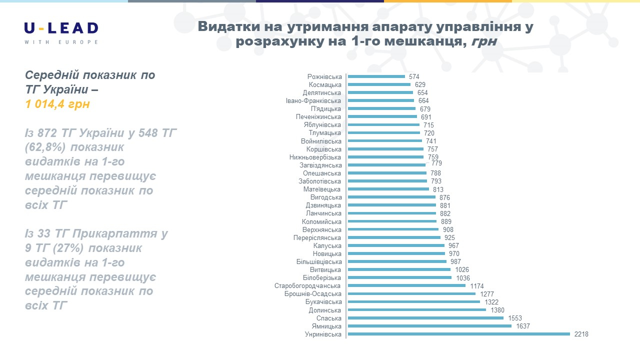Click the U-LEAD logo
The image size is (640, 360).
click(x=61, y=32)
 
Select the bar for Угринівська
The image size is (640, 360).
click(x=458, y=334)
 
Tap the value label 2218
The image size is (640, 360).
click(x=581, y=334)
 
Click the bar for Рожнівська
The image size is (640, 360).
click(x=376, y=76)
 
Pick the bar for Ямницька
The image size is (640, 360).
click(x=429, y=326)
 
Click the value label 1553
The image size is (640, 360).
click(x=515, y=318)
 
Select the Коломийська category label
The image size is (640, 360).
click(x=322, y=221)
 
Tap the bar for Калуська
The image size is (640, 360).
click(x=396, y=245)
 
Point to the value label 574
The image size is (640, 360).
click(x=414, y=77)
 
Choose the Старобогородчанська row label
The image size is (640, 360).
click(x=308, y=286)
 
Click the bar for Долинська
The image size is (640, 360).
click(x=416, y=310)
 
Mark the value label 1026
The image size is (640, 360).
click(x=462, y=270)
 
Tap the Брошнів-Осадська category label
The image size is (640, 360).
click(x=313, y=294)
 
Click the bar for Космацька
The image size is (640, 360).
click(x=379, y=84)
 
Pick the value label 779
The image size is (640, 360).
click(x=436, y=163)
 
